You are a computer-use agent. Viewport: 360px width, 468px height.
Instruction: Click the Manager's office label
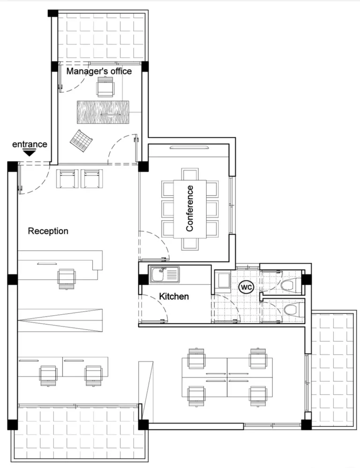tap(98, 71)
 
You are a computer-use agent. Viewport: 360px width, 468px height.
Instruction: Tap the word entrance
tap(30, 144)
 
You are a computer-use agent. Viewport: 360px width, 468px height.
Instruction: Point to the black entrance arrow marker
tap(30, 153)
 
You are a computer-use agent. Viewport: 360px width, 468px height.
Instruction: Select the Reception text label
tap(48, 231)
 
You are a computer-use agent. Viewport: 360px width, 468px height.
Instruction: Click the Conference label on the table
tap(190, 208)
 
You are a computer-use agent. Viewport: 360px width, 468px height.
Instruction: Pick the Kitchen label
tap(174, 296)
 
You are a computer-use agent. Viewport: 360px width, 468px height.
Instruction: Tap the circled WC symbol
tap(246, 286)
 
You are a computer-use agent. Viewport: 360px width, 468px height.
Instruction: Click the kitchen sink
tap(165, 275)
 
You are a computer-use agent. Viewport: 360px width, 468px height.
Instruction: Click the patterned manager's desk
tap(103, 112)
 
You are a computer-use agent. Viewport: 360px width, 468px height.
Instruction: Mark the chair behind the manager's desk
tap(105, 87)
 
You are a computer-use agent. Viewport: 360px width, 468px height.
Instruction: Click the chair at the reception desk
tap(67, 278)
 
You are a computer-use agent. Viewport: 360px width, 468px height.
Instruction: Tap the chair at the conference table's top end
tap(190, 173)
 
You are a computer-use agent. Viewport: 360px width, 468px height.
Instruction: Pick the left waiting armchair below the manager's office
tap(66, 178)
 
